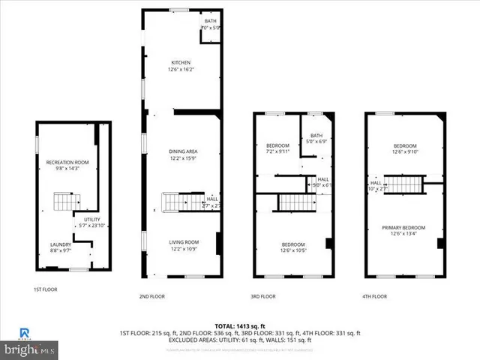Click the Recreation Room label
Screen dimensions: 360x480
tap(67, 163)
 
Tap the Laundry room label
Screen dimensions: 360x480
tap(61, 244)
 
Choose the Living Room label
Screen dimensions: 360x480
tap(182, 241)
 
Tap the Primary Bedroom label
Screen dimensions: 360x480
tap(404, 227)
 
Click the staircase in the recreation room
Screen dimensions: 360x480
tap(66, 201)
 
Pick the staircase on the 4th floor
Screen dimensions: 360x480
tap(404, 184)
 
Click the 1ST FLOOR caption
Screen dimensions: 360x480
tap(45, 289)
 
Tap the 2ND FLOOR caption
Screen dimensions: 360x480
tap(152, 296)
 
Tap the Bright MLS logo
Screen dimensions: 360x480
tap(30, 349)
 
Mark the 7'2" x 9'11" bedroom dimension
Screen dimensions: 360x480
tap(277, 151)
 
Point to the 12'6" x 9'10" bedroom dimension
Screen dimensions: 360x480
tap(405, 151)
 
